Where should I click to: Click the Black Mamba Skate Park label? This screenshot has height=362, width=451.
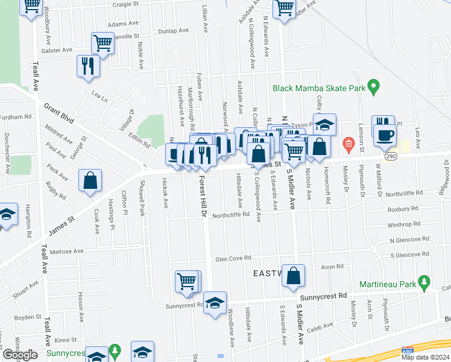coord(319,88)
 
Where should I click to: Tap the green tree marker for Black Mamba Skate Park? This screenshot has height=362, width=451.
coord(373,88)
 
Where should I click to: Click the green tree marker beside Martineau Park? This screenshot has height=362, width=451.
coord(425,282)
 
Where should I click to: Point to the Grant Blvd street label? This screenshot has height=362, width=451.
coord(58,113)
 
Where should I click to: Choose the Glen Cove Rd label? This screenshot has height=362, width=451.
coord(233,259)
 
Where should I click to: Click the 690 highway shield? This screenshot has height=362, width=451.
coord(408,349)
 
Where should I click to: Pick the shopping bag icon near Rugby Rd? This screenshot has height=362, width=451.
coord(90,180)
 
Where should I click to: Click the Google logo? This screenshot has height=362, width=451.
coord(20,355)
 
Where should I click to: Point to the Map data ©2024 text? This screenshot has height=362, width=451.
coord(424,357)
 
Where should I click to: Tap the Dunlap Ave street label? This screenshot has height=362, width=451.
coord(174,31)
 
